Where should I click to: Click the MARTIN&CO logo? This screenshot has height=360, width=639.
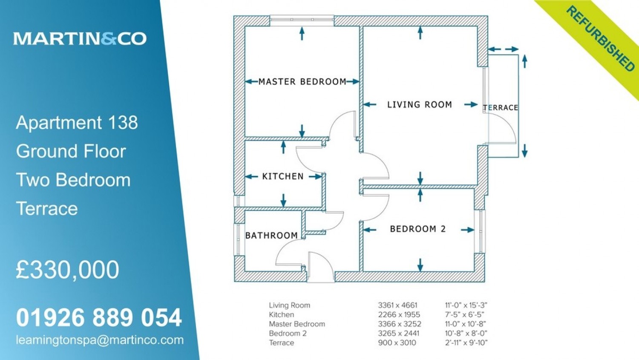click(x=80, y=38)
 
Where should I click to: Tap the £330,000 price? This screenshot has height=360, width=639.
click(x=68, y=269)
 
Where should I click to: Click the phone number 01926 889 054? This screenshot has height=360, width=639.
click(x=99, y=317)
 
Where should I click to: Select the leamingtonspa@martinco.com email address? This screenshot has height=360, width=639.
click(x=100, y=340)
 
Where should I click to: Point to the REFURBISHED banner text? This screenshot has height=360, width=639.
click(x=601, y=39)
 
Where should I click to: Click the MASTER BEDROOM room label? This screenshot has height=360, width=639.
click(x=302, y=82)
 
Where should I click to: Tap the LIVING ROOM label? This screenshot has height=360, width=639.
click(x=420, y=105)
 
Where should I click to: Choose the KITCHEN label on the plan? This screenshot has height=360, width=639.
click(x=283, y=176)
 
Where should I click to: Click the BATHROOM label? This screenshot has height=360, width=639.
click(x=272, y=235)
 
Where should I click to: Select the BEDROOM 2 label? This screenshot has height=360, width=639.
click(x=418, y=229)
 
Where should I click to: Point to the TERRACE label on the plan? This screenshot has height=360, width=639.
click(x=501, y=107)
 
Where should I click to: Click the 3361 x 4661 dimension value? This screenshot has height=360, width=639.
click(x=397, y=305)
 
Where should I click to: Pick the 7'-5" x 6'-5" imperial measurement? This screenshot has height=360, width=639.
click(x=465, y=315)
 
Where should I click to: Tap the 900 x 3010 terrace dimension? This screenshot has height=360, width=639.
click(x=397, y=343)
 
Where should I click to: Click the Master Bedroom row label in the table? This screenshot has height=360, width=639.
click(x=297, y=324)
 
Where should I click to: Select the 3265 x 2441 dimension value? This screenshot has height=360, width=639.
click(x=399, y=333)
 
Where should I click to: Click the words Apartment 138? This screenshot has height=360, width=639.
click(x=77, y=123)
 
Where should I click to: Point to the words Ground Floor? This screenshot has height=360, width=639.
click(x=71, y=151)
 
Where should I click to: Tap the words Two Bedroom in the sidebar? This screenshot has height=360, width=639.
click(x=73, y=180)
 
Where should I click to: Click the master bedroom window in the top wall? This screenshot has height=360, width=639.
click(x=302, y=20)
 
